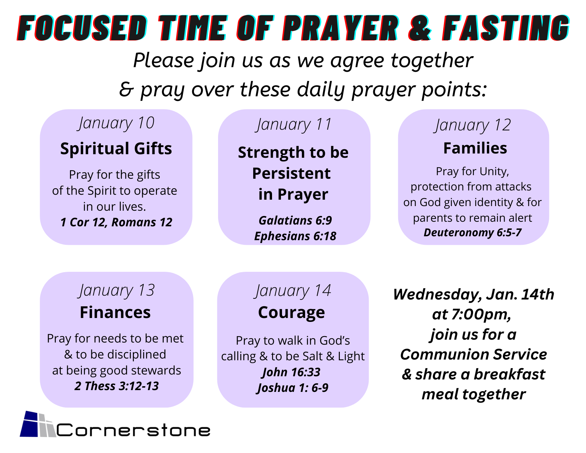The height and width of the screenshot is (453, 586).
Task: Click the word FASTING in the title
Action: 506,28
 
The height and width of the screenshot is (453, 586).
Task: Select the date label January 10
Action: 116,124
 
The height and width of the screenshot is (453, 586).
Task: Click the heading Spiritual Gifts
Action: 116,149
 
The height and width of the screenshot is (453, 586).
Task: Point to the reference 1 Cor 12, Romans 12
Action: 116,222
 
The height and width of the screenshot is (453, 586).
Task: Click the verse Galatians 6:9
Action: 295,220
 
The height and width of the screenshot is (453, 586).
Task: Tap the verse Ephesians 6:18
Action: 295,236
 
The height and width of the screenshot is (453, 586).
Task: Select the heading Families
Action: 475,148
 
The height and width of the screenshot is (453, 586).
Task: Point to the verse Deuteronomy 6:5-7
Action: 472,232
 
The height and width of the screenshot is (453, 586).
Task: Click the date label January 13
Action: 116,291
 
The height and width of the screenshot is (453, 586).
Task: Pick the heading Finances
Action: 115,312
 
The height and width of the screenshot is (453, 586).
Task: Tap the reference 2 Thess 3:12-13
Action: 116,386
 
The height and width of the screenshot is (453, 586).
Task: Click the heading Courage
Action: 292,313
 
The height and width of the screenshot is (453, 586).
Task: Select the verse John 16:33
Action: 292,372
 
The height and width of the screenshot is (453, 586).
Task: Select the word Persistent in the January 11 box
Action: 291,173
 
